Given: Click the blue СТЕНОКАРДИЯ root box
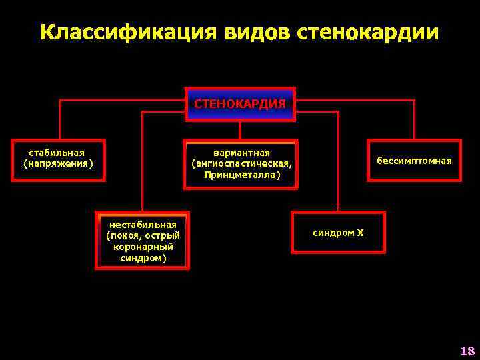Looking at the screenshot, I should pyautogui.click(x=240, y=104).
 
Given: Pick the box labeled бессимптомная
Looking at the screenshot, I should pyautogui.click(x=414, y=161).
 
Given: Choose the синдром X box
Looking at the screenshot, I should pyautogui.click(x=338, y=233).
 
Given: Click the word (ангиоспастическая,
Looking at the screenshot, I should pyautogui.click(x=241, y=164).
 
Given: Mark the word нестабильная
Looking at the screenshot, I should pyautogui.click(x=143, y=224).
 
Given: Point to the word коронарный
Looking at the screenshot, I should pyautogui.click(x=143, y=246).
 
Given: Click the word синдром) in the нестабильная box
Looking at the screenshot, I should pyautogui.click(x=143, y=257).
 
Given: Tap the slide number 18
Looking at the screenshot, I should pyautogui.click(x=467, y=351).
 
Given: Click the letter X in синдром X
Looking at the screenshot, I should pyautogui.click(x=360, y=233).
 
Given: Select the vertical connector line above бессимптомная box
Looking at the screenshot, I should pyautogui.click(x=414, y=120).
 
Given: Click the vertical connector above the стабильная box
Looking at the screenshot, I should pyautogui.click(x=61, y=120).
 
